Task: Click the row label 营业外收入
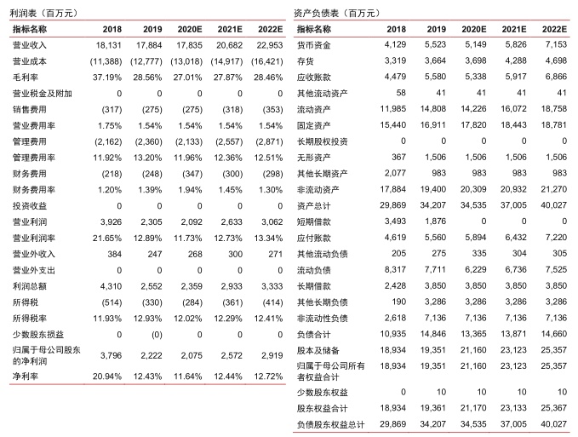point(32,254)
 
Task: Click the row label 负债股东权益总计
point(329,423)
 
